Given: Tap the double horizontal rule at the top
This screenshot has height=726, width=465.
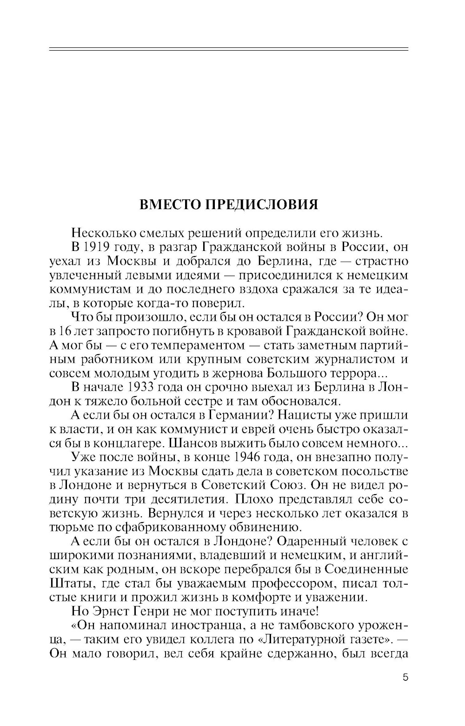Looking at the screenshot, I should (x=228, y=49).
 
